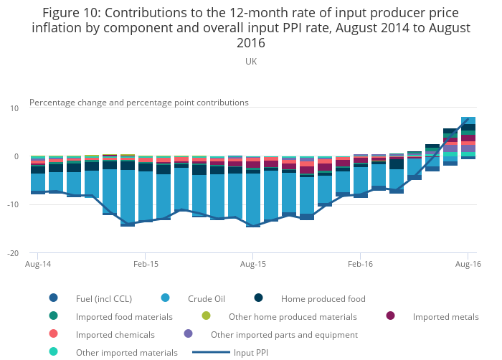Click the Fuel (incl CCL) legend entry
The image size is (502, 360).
pyautogui.click(x=108, y=298)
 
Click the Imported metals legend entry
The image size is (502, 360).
pyautogui.click(x=445, y=316)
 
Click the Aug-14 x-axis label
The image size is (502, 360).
pyautogui.click(x=38, y=265)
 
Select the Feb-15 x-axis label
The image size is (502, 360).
pyautogui.click(x=146, y=265)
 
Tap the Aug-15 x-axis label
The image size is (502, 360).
pyautogui.click(x=253, y=265)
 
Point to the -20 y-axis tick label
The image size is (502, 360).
pyautogui.click(x=14, y=253)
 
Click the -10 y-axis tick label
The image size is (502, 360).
pyautogui.click(x=14, y=204)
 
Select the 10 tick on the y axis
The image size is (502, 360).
pyautogui.click(x=15, y=108)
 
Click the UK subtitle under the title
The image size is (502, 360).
pyautogui.click(x=251, y=62)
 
